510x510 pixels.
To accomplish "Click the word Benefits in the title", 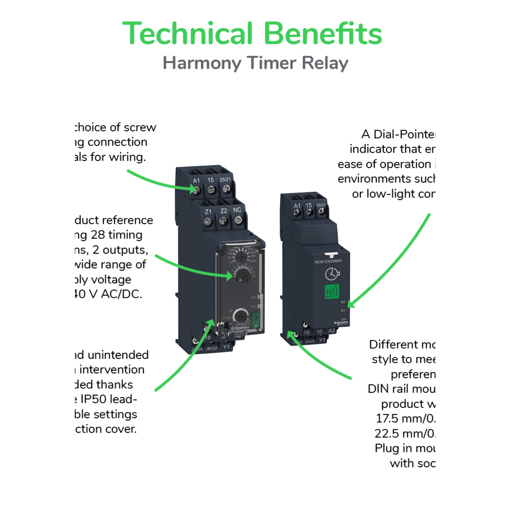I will point(323,34).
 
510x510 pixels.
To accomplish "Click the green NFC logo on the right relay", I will point(331,292).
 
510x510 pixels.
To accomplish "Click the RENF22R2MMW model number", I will point(328,261).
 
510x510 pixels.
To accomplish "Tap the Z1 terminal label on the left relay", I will point(208,211).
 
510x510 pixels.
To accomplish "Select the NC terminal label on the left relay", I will point(237,210).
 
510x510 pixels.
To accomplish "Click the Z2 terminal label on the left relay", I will point(223,211).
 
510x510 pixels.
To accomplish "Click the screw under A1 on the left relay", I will point(196,191).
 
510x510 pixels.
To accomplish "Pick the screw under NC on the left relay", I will point(239,220).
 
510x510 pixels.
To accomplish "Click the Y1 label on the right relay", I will point(322,340).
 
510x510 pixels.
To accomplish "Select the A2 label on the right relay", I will point(331,330).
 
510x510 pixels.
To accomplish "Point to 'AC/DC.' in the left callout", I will point(121,294).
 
